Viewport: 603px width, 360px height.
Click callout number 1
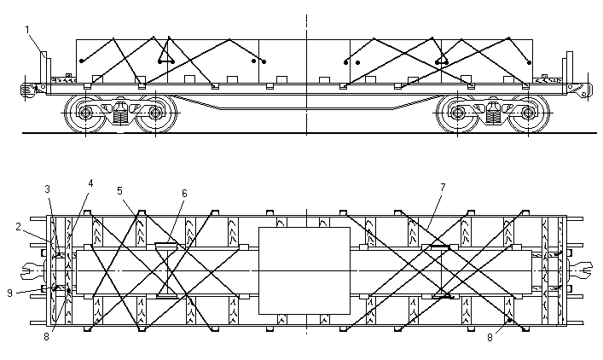pyautogui.click(x=27, y=30)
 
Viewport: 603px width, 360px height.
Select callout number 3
pyautogui.click(x=48, y=189)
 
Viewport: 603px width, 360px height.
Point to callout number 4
pyautogui.click(x=90, y=183)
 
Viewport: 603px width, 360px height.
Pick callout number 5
pyautogui.click(x=120, y=190)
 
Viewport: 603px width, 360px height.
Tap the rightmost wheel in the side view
pyautogui.click(x=531, y=113)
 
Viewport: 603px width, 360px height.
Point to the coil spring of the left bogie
pyautogui.click(x=121, y=111)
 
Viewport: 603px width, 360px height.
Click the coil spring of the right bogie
pyautogui.click(x=495, y=112)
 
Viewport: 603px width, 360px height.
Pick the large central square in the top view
pyautogui.click(x=304, y=270)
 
